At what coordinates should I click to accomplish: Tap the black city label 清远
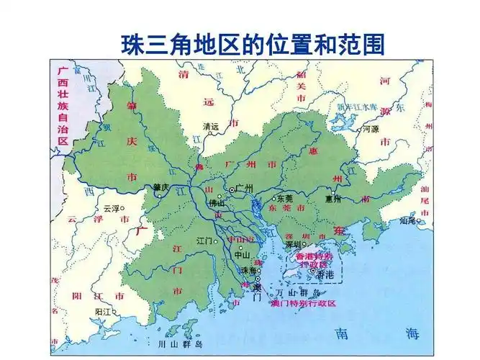211,126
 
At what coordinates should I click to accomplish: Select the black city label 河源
370,129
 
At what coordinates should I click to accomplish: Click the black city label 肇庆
160,187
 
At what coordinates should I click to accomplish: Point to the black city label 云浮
111,208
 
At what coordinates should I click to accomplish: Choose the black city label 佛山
217,203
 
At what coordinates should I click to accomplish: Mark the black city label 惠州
332,198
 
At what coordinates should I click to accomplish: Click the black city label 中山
241,254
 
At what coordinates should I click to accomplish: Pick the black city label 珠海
248,270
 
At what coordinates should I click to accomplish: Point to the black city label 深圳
292,244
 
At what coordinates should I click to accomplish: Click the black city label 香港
325,274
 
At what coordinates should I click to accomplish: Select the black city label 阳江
103,311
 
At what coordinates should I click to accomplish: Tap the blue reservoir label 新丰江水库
353,107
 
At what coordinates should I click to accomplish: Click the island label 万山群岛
296,293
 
